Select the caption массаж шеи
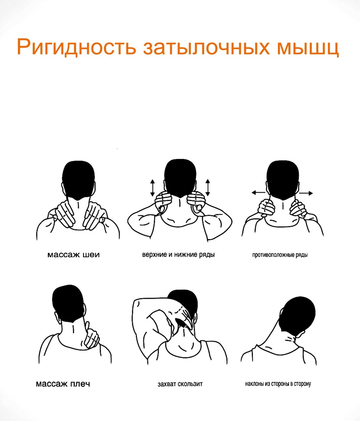74,255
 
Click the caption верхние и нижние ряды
179,255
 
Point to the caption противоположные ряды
280,255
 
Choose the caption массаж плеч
63,384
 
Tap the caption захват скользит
180,384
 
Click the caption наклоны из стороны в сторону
278,384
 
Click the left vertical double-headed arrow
152,188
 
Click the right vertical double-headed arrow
208,187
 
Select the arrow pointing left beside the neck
259,192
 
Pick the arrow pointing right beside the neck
306,193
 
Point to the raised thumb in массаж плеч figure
87,327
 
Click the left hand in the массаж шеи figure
65,214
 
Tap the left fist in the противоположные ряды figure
266,208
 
